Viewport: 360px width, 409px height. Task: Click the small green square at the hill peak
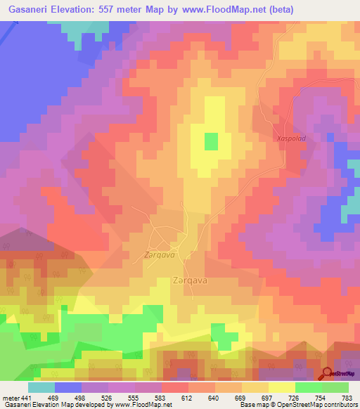pos(211,141)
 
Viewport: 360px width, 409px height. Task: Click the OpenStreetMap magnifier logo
pos(328,372)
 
